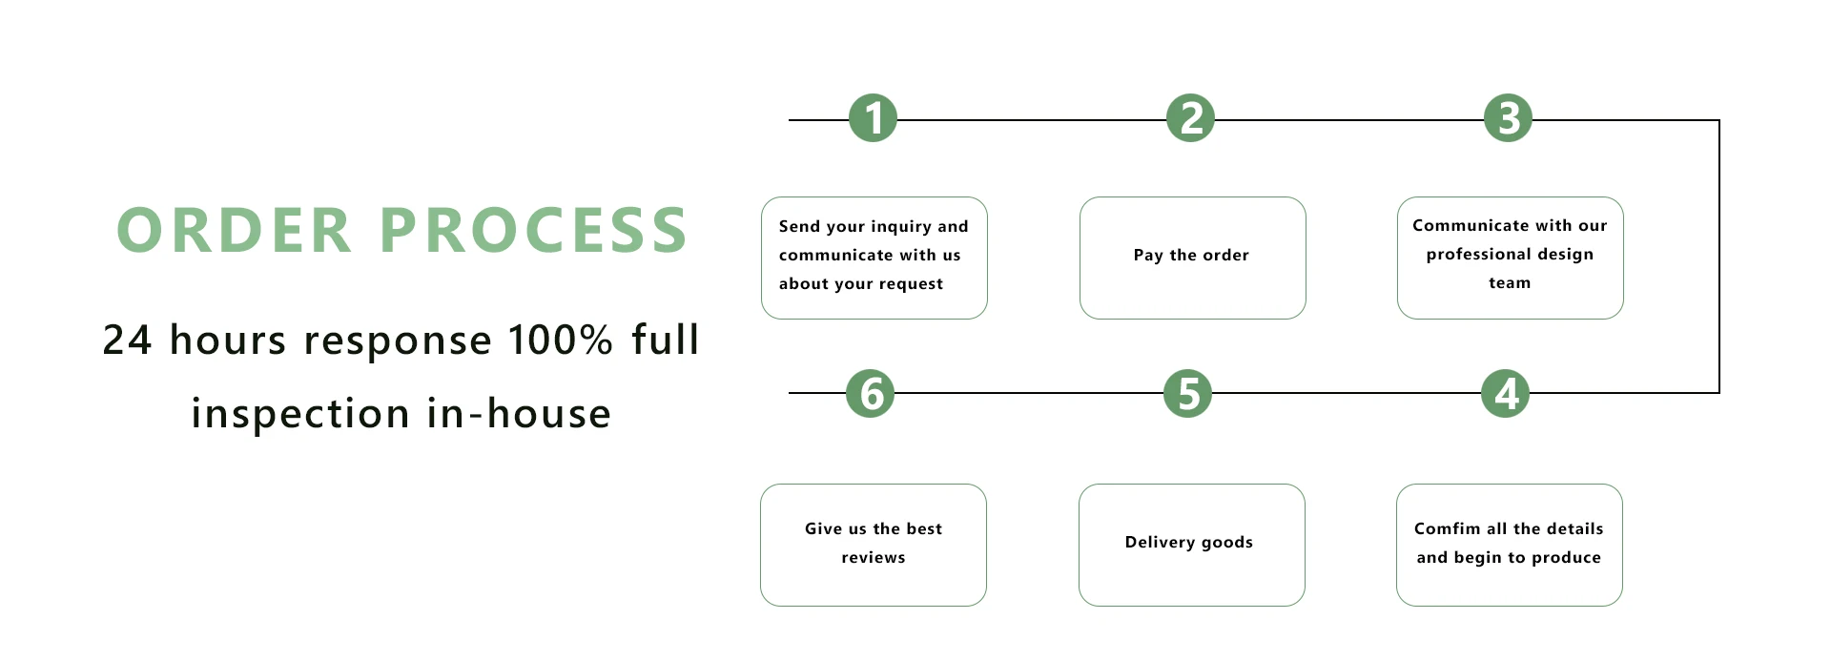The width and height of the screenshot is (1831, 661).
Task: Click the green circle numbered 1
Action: pos(874,118)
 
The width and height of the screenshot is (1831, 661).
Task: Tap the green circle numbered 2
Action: pos(1191,118)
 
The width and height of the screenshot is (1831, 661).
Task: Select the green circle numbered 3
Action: pos(1509,118)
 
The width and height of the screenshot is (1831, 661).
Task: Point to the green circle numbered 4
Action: pos(1506,393)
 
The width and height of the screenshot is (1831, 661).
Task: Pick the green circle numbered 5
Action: pos(1188,393)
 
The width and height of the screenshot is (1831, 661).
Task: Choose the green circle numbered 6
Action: pos(871,393)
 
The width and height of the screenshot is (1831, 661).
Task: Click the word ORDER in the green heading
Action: pos(235,231)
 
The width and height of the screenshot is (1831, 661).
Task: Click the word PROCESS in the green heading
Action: pos(534,231)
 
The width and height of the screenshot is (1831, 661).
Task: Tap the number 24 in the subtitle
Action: pos(127,341)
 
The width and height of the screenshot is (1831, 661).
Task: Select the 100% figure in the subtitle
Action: pos(560,341)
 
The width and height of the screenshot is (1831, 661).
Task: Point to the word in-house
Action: pos(519,414)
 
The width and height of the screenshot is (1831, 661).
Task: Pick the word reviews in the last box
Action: pos(874,558)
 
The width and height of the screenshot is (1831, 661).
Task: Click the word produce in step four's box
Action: pos(1566,558)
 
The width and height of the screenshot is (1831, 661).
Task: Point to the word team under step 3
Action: pos(1510,283)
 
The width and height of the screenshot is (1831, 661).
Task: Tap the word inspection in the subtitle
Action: pos(300,414)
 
